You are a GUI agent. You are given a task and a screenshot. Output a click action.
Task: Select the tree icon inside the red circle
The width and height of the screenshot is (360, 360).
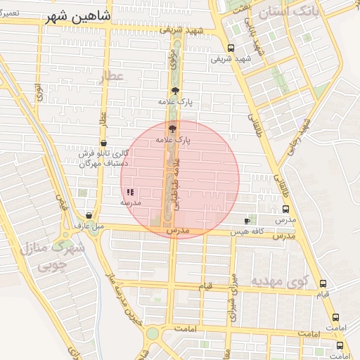click(172, 128)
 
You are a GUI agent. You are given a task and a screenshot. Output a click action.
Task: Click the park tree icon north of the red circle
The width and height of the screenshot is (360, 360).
click(175, 91)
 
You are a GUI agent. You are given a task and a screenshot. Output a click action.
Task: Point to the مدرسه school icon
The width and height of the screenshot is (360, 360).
click(130, 191)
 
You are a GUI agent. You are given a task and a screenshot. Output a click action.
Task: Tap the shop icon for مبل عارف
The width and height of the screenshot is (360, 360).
click(89, 215)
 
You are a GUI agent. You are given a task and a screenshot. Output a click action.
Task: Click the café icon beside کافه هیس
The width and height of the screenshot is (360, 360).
click(246, 221)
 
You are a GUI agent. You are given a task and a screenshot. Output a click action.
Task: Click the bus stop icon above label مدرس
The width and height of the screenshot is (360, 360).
click(286, 209)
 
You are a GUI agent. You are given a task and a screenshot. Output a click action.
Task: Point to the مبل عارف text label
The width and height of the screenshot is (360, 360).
click(89, 226)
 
